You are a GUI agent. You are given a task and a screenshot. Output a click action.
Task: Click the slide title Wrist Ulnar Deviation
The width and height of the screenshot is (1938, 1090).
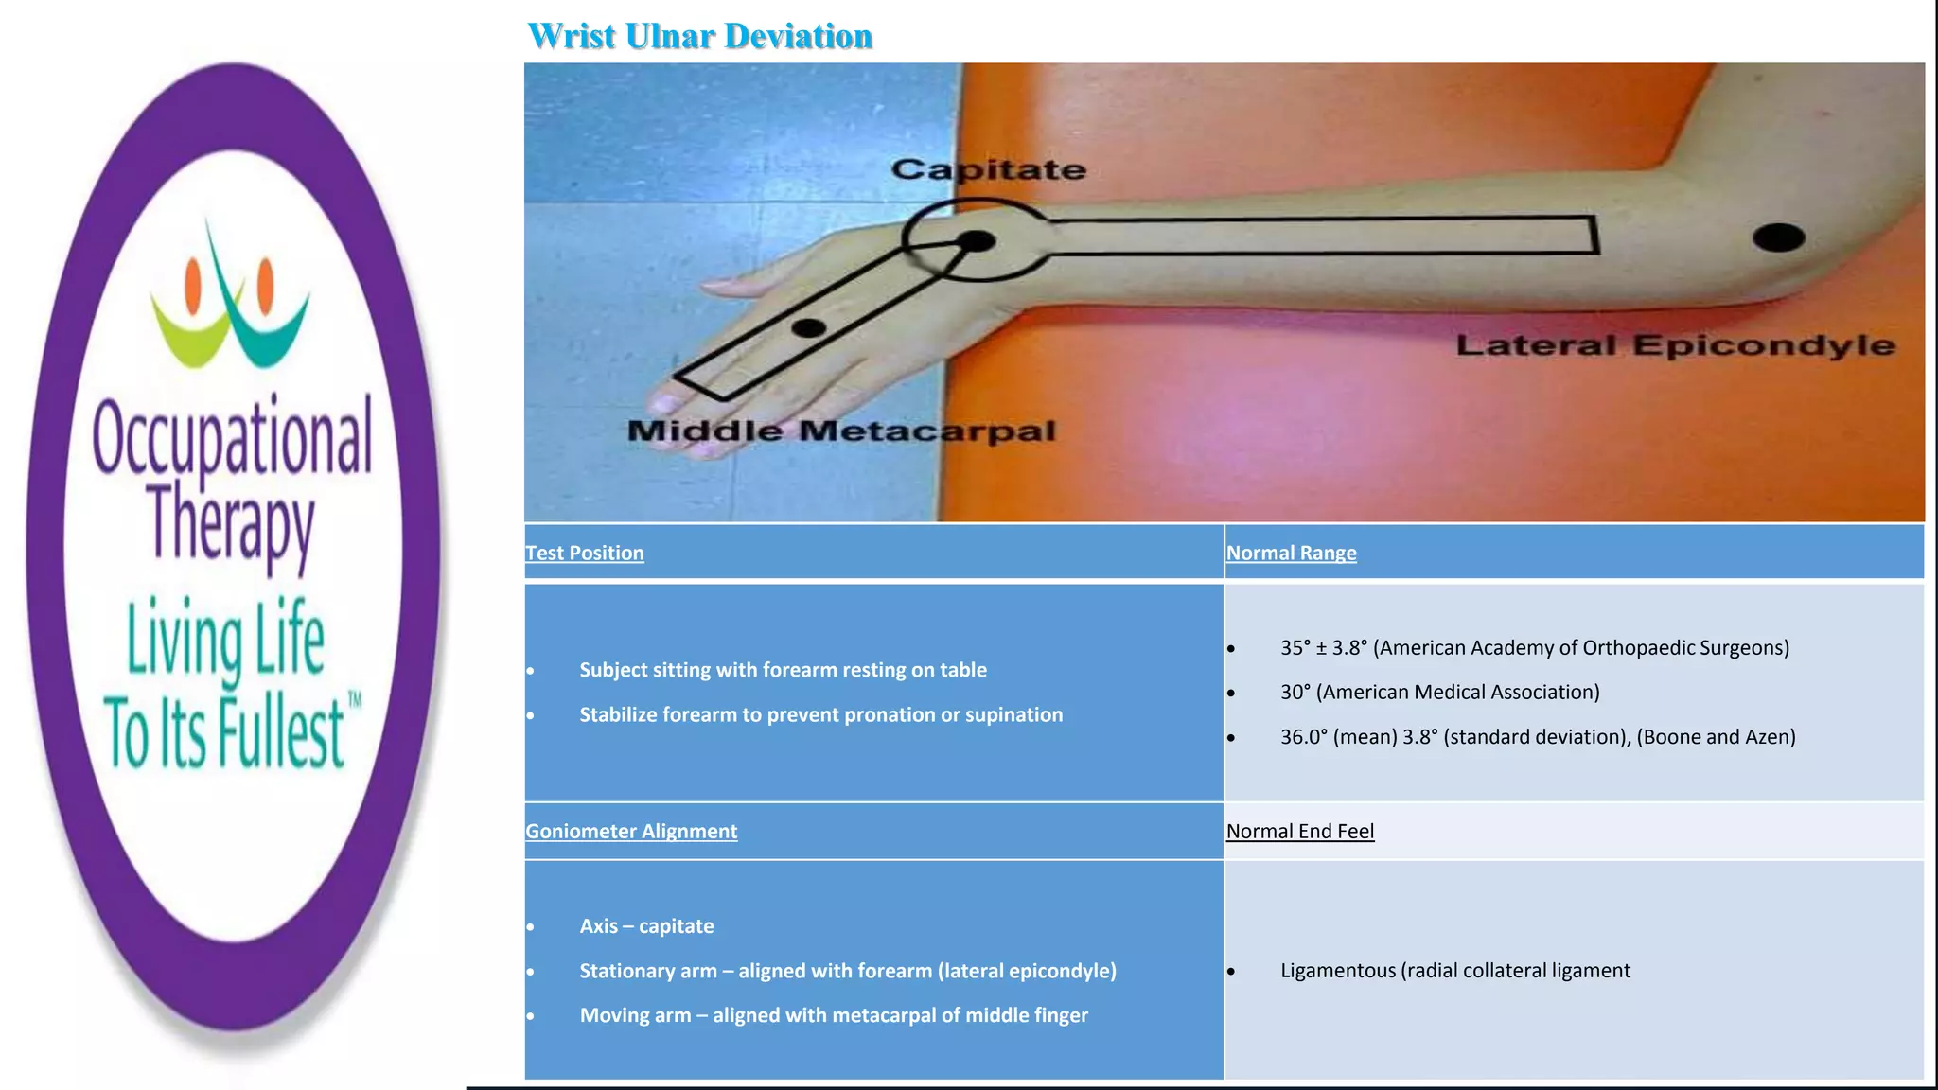(x=699, y=36)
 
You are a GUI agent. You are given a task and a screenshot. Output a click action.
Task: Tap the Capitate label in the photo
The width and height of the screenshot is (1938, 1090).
(x=988, y=170)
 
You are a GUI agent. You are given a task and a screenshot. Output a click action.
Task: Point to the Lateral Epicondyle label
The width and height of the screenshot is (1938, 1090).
(x=1675, y=345)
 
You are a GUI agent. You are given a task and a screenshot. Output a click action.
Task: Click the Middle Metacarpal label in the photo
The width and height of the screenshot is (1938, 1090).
(x=840, y=431)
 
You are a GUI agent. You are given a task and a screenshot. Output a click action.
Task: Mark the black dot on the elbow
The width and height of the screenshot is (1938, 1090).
(x=1778, y=237)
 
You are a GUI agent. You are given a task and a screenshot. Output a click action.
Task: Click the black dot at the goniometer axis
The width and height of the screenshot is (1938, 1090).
(x=977, y=241)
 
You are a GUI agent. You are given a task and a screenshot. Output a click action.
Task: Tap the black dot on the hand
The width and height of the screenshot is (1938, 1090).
(x=808, y=328)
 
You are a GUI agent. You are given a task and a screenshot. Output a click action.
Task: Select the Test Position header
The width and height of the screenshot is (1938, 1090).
(x=585, y=553)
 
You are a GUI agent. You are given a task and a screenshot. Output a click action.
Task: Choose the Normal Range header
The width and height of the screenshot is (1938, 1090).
(x=1291, y=553)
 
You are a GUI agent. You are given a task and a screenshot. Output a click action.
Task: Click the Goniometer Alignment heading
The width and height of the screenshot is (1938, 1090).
(x=631, y=831)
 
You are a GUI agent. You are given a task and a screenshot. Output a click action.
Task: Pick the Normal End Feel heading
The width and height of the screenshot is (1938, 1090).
(x=1299, y=831)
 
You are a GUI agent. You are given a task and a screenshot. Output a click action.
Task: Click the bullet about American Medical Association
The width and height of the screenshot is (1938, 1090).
(x=1439, y=692)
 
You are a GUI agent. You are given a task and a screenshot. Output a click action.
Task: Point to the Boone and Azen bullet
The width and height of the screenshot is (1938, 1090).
(x=1537, y=736)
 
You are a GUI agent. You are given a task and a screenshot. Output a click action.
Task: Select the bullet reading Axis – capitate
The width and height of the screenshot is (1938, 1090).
(x=646, y=925)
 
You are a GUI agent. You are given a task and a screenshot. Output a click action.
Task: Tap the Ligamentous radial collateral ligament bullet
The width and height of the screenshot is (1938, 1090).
(x=1454, y=970)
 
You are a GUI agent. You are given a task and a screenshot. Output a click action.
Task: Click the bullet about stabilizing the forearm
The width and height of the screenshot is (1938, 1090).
(x=820, y=714)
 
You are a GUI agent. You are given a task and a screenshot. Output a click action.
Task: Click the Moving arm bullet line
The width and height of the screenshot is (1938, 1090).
(x=833, y=1014)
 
